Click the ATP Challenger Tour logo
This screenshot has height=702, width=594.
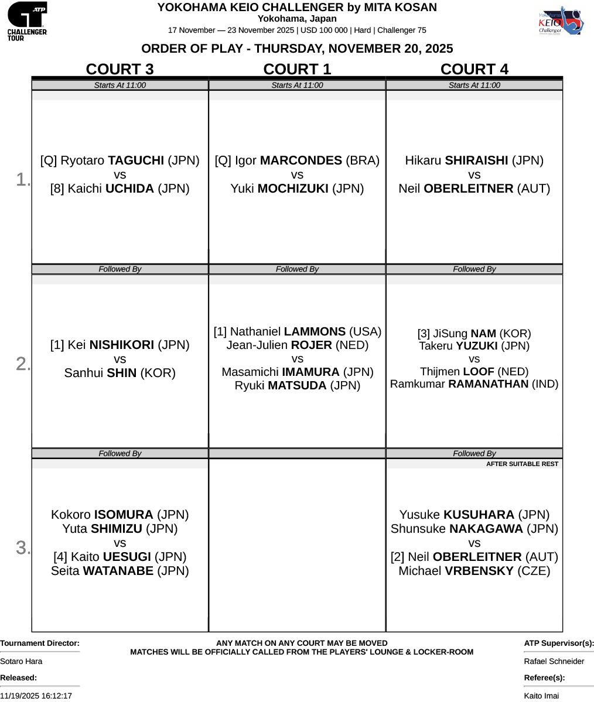click(27, 20)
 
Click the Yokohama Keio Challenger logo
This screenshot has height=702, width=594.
click(560, 20)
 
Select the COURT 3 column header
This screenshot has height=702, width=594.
click(120, 69)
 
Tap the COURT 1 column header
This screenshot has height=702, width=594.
click(297, 69)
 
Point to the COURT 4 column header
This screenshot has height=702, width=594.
click(474, 69)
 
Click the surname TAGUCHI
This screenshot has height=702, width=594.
click(136, 160)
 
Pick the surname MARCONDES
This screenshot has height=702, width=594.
click(301, 160)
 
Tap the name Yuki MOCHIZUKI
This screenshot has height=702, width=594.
click(297, 189)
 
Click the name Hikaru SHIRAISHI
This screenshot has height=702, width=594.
click(474, 160)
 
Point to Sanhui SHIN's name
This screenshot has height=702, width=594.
click(120, 373)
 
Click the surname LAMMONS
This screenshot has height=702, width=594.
click(315, 332)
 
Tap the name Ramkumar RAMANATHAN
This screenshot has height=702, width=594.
click(474, 384)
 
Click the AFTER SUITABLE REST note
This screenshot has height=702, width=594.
click(522, 464)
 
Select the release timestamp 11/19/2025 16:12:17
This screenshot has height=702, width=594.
click(36, 696)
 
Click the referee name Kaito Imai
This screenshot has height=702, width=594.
click(541, 696)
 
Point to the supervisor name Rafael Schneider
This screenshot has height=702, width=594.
click(554, 661)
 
